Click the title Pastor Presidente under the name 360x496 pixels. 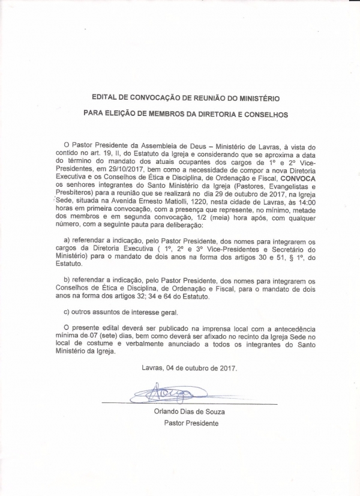click(191, 423)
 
